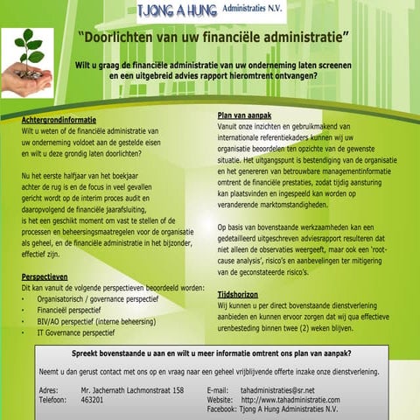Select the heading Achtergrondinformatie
[59, 119]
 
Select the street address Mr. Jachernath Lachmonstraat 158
[131, 388]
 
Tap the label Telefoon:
[55, 399]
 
